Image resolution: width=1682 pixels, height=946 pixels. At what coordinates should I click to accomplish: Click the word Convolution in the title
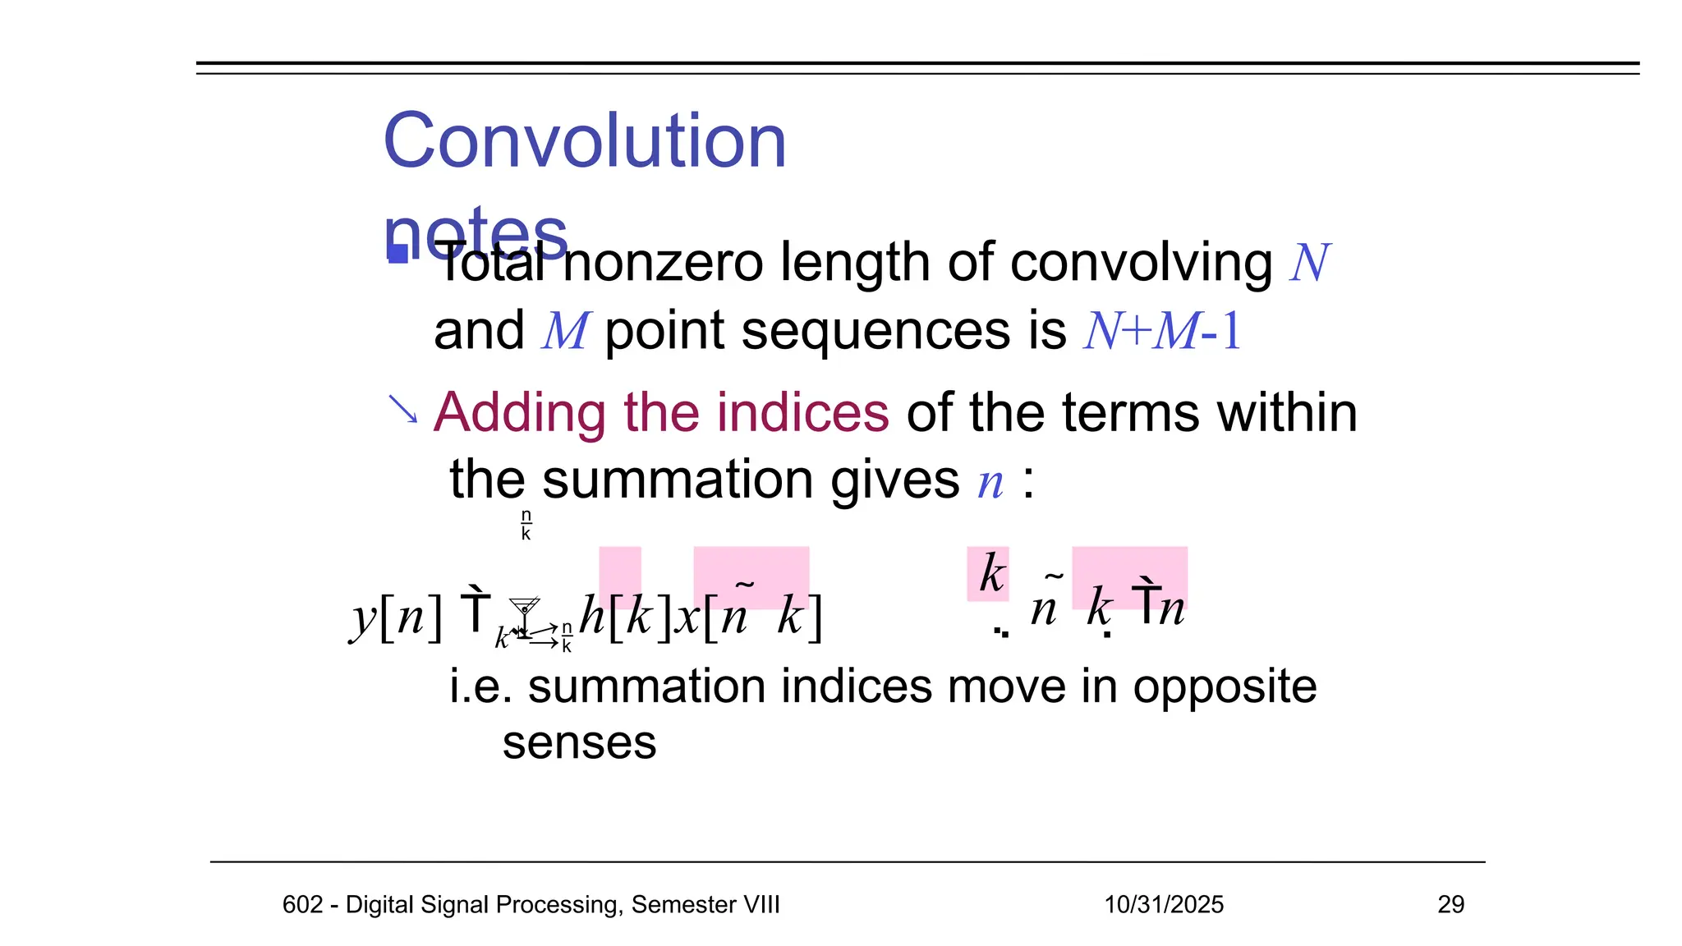[x=585, y=141]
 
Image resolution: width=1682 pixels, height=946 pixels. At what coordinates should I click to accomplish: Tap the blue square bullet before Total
[x=398, y=253]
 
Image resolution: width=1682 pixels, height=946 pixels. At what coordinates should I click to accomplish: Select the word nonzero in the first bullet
[x=664, y=263]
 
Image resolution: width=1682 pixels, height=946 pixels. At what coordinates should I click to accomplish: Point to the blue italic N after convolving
[x=1309, y=264]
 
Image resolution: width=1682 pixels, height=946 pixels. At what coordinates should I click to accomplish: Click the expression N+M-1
[x=1162, y=332]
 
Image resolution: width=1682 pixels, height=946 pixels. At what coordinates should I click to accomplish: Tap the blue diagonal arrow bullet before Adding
[x=402, y=409]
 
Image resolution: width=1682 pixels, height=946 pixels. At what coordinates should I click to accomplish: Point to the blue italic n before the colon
[x=990, y=482]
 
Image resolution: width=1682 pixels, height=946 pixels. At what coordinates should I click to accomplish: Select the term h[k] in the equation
[x=626, y=617]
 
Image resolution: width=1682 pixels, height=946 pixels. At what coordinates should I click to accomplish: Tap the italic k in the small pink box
[x=991, y=573]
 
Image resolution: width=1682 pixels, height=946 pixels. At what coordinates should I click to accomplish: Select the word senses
[x=579, y=744]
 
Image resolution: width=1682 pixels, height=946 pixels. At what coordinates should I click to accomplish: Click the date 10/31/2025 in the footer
[x=1163, y=904]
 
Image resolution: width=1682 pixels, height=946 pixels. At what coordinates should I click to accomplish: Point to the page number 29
[x=1450, y=904]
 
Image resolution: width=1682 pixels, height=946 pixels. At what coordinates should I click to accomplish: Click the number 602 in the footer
[x=301, y=904]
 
